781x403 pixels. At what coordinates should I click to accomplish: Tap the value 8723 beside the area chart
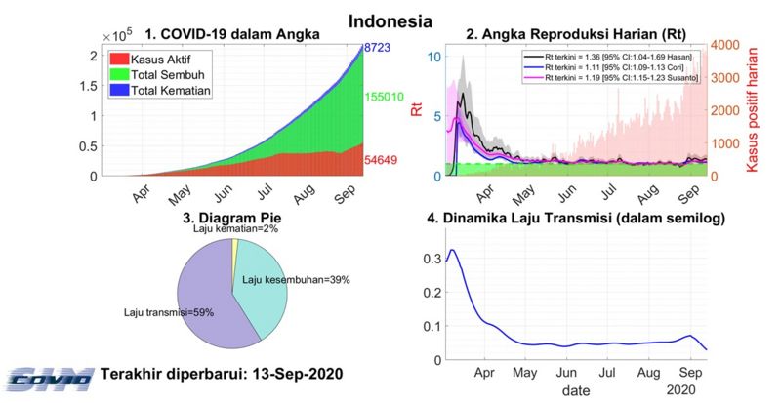pyautogui.click(x=380, y=48)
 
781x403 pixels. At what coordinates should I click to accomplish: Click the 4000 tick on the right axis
pyautogui.click(x=723, y=45)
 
